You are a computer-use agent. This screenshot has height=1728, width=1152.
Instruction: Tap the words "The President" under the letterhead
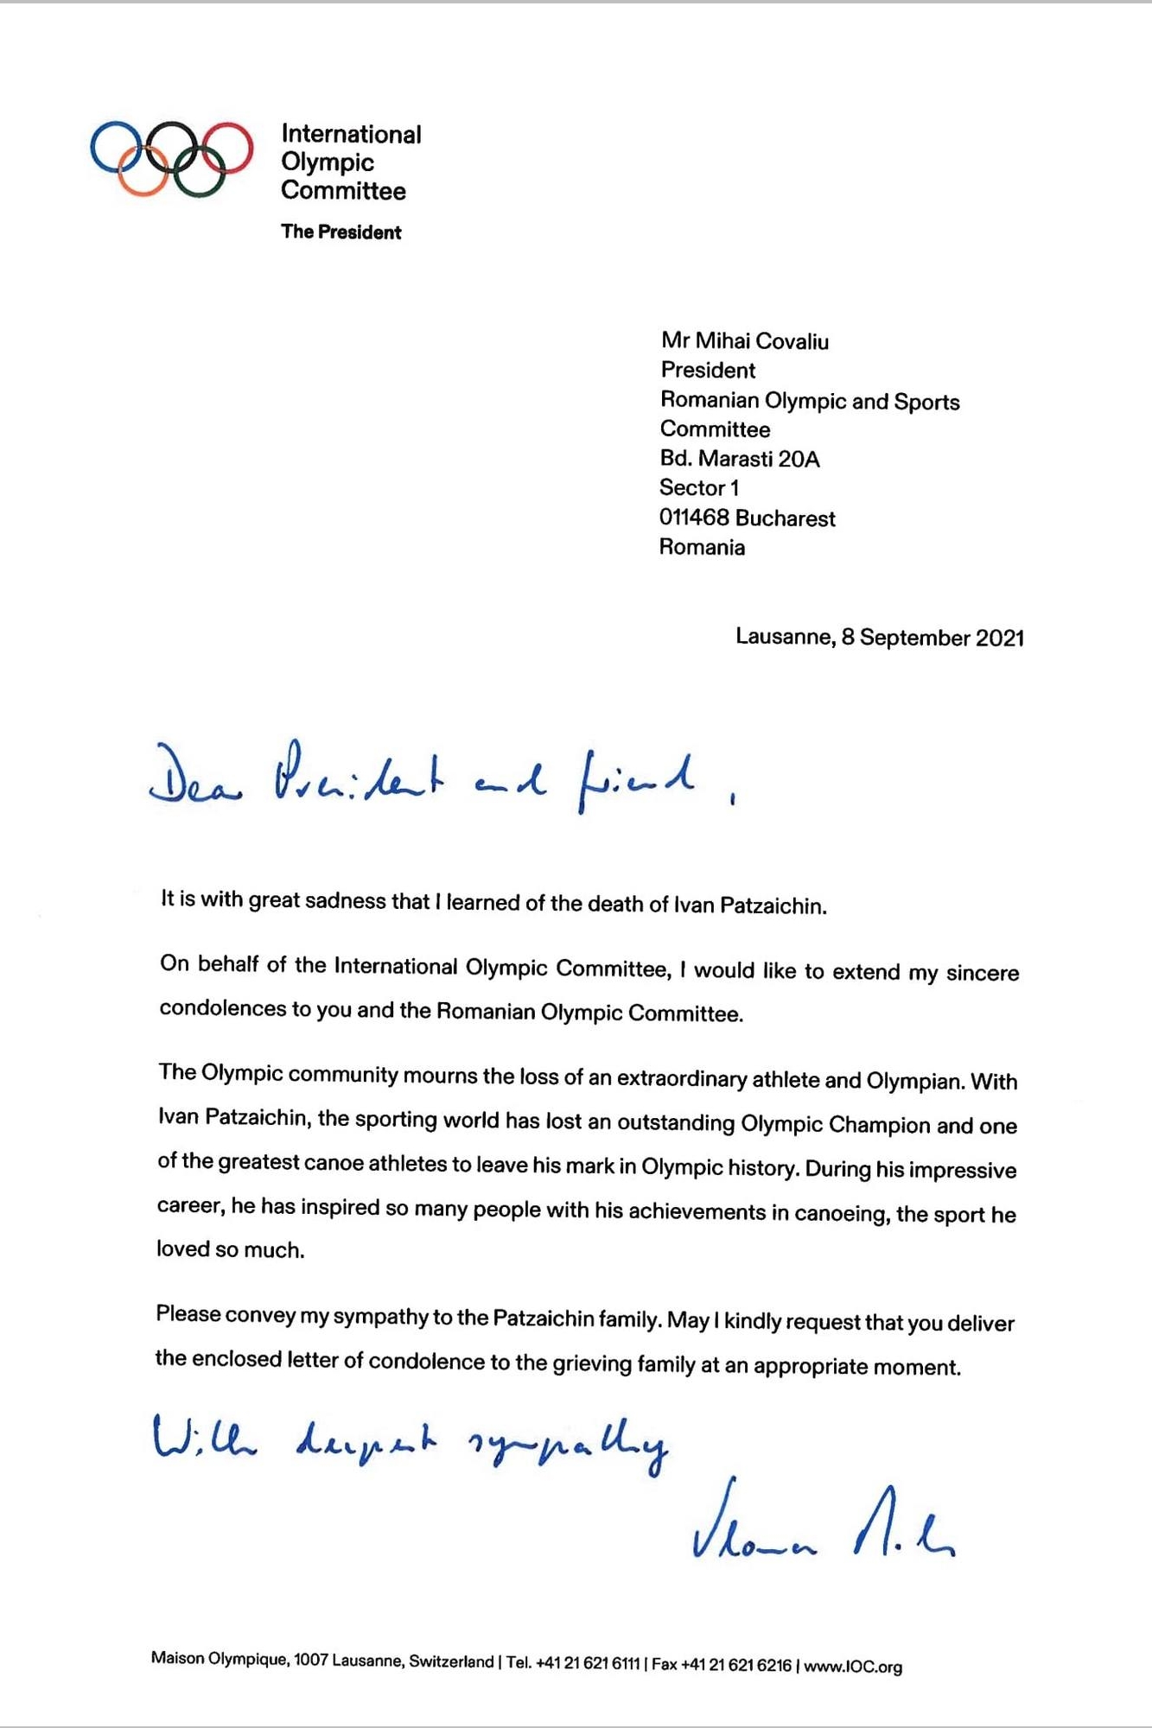coord(341,232)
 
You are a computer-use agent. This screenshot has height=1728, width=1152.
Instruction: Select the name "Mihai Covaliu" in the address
coord(761,341)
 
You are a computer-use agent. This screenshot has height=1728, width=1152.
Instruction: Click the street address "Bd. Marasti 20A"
coord(739,459)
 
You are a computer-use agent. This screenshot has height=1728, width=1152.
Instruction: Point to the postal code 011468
coord(693,518)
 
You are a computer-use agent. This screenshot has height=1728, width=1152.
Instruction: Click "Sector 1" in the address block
coord(698,488)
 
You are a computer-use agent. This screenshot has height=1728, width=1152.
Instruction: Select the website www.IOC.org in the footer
coord(853,1666)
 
